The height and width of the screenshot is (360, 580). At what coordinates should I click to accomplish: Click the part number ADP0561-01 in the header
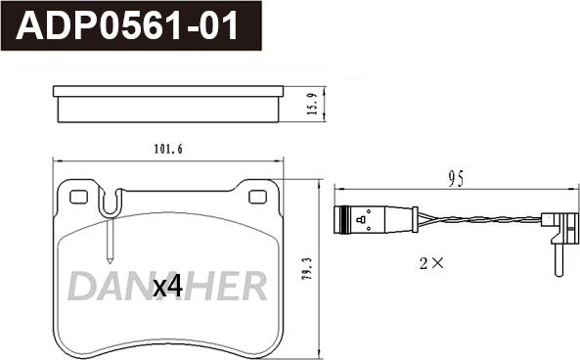click(127, 25)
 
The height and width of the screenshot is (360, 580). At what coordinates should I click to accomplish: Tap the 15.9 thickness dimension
click(313, 104)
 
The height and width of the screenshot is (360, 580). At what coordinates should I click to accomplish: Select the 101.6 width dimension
click(168, 149)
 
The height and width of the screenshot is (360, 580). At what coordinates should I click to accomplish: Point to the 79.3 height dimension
click(307, 269)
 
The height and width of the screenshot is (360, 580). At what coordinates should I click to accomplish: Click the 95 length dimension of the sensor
click(456, 179)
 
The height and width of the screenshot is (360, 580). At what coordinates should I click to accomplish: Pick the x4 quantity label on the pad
click(168, 287)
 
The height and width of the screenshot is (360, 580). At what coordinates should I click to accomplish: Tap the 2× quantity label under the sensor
click(431, 263)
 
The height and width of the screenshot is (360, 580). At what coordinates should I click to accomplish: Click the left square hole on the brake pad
click(78, 197)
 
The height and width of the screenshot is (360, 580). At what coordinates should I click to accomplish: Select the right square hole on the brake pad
click(258, 197)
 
